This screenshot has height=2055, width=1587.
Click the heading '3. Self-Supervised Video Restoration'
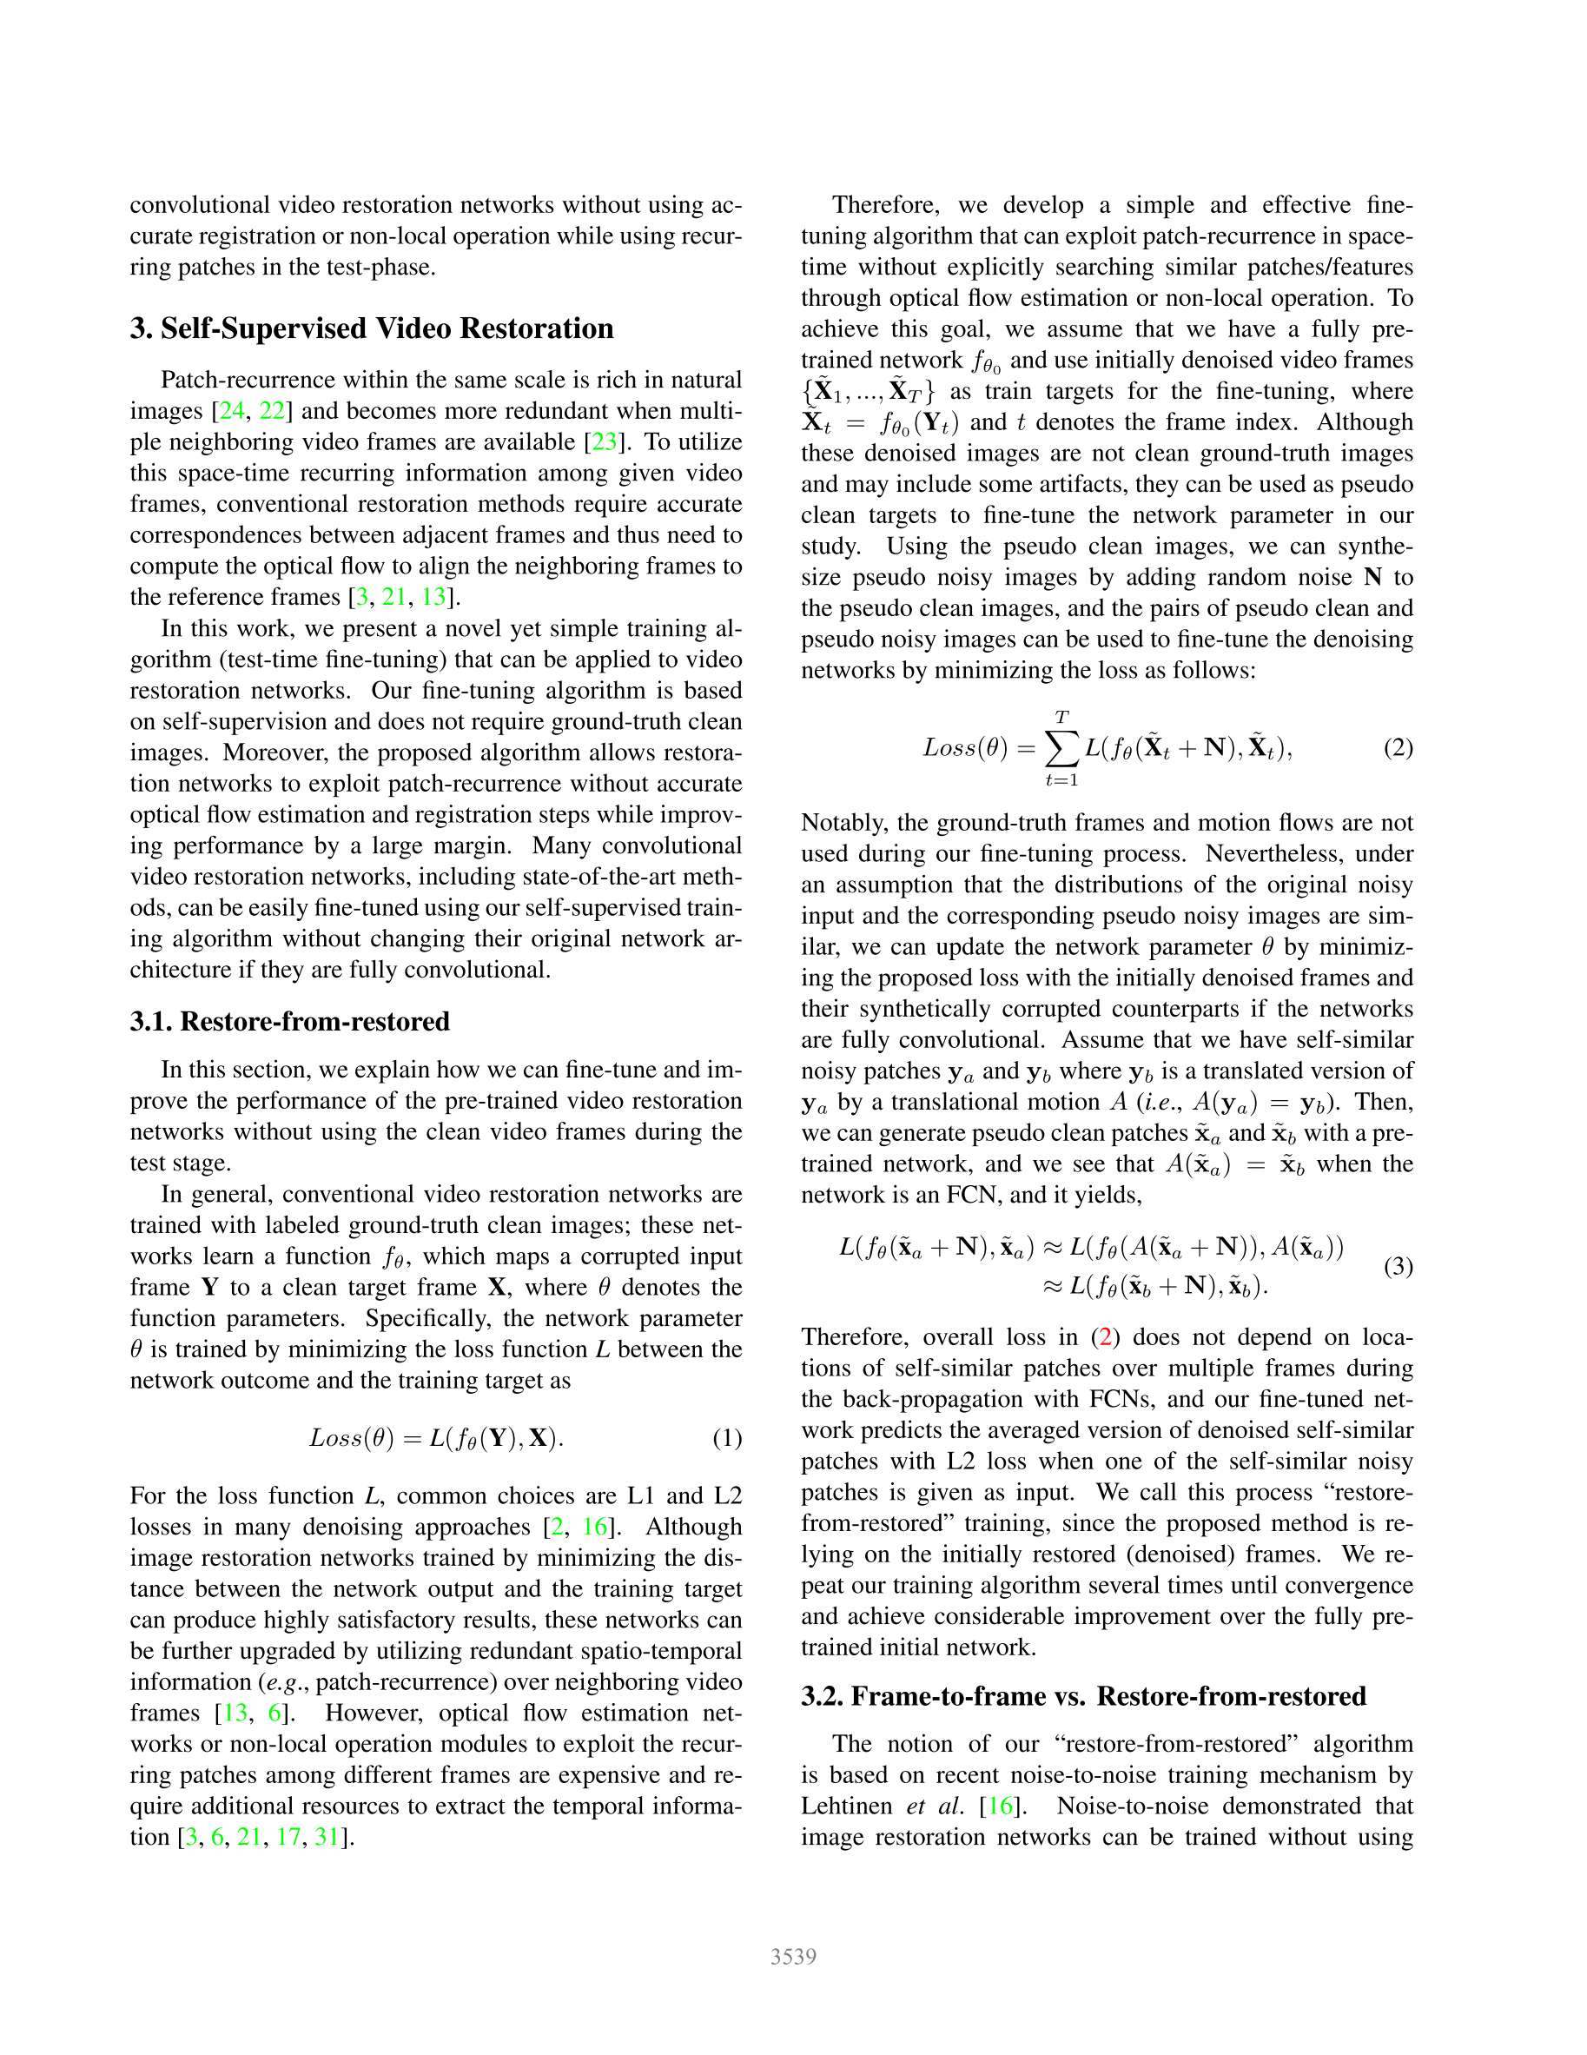pos(372,328)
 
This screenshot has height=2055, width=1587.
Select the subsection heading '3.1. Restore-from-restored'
pos(290,1021)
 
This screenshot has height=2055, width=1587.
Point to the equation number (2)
pos(1398,748)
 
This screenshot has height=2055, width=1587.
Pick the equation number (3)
pos(1398,1267)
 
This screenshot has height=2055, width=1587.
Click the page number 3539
pos(793,1957)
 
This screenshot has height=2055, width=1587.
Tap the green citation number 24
pos(231,411)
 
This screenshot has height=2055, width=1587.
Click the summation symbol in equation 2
pos(1061,749)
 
